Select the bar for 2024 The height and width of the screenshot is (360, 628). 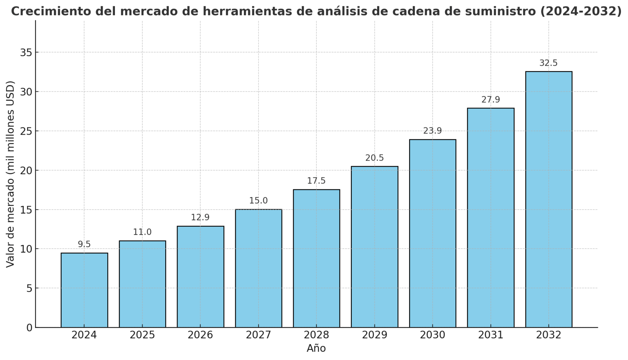click(x=84, y=290)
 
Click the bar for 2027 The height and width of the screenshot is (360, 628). click(x=259, y=268)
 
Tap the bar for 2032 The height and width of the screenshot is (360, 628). click(x=549, y=199)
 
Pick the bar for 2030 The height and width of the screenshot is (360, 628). click(x=432, y=233)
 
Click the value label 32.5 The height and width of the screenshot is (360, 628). click(x=548, y=63)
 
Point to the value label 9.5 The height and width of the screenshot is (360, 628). click(x=84, y=244)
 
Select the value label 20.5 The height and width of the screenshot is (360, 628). click(x=374, y=158)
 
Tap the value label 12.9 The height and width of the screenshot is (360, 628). click(x=200, y=217)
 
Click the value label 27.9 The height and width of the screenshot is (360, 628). click(x=490, y=100)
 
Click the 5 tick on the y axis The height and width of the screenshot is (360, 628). click(x=29, y=288)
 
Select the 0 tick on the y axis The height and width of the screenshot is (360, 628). click(x=29, y=328)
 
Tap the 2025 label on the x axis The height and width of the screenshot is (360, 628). click(x=142, y=335)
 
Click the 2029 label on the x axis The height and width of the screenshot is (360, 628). click(x=374, y=335)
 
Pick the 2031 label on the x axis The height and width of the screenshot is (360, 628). click(x=490, y=335)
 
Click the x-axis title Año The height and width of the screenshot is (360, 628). click(x=316, y=348)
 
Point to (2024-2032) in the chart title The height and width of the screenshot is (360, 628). click(x=580, y=11)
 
